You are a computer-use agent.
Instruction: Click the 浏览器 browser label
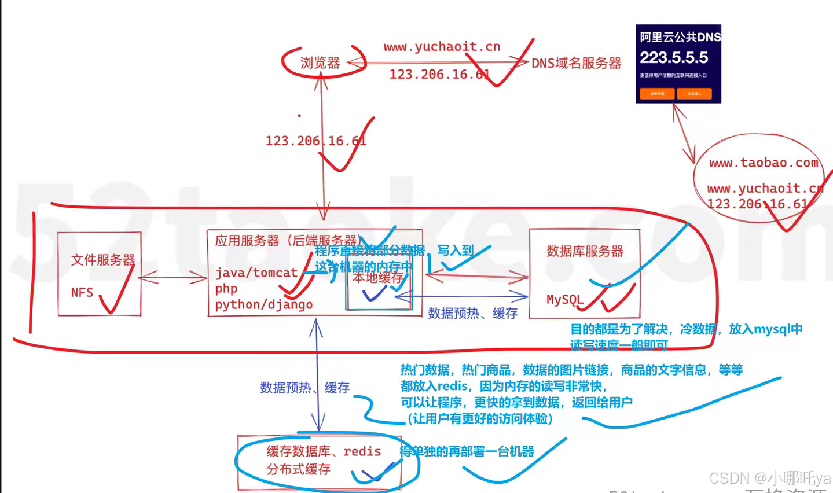[x=320, y=62]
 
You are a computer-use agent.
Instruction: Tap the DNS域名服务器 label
[x=576, y=63]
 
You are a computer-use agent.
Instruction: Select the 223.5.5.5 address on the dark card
[x=673, y=57]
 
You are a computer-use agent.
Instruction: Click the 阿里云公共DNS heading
[x=680, y=37]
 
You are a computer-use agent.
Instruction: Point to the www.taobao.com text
[x=763, y=163]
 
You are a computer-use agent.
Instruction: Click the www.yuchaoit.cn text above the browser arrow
[x=442, y=47]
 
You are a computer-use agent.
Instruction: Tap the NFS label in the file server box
[x=82, y=292]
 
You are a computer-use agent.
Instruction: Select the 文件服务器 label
[x=102, y=260]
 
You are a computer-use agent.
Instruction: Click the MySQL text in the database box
[x=564, y=299]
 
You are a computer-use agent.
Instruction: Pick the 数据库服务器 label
[x=585, y=251]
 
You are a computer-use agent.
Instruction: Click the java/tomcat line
[x=256, y=273]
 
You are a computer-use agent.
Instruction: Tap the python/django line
[x=263, y=304]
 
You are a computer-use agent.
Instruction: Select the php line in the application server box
[x=226, y=288]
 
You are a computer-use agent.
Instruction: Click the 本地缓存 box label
[x=377, y=278]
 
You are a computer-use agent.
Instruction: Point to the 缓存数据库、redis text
[x=323, y=451]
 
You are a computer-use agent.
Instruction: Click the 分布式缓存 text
[x=298, y=469]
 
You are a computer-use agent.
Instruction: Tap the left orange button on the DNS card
[x=656, y=93]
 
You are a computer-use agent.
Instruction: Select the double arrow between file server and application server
[x=173, y=278]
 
